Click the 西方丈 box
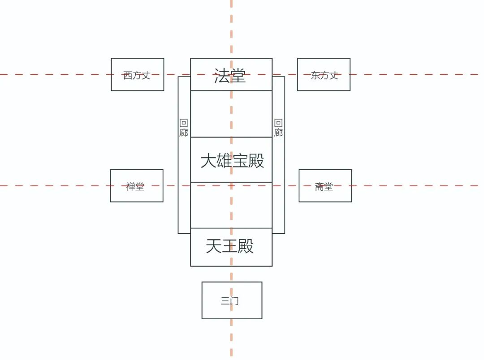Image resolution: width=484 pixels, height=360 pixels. pyautogui.click(x=137, y=74)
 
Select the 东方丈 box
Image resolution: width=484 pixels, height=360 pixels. pyautogui.click(x=324, y=74)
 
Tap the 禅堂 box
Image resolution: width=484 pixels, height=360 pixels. pyautogui.click(x=137, y=186)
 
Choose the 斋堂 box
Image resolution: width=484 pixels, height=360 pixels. pyautogui.click(x=325, y=186)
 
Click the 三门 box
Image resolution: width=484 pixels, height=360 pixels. pyautogui.click(x=232, y=300)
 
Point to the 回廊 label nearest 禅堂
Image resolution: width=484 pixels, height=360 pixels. pyautogui.click(x=184, y=128)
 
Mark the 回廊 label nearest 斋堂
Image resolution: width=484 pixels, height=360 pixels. pyautogui.click(x=278, y=128)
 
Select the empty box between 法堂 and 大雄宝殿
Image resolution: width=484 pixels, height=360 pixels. pyautogui.click(x=231, y=114)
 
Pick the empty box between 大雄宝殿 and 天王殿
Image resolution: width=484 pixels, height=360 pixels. pyautogui.click(x=231, y=205)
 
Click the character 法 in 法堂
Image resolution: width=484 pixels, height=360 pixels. pyautogui.click(x=222, y=76)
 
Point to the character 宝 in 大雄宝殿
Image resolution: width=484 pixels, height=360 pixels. pyautogui.click(x=241, y=160)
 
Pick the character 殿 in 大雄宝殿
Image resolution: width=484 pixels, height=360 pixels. pyautogui.click(x=256, y=160)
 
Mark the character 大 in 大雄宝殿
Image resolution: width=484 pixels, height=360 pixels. pyautogui.click(x=208, y=160)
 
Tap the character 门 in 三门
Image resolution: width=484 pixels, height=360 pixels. pyautogui.click(x=235, y=301)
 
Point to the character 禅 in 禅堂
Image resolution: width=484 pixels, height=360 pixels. pyautogui.click(x=130, y=187)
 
